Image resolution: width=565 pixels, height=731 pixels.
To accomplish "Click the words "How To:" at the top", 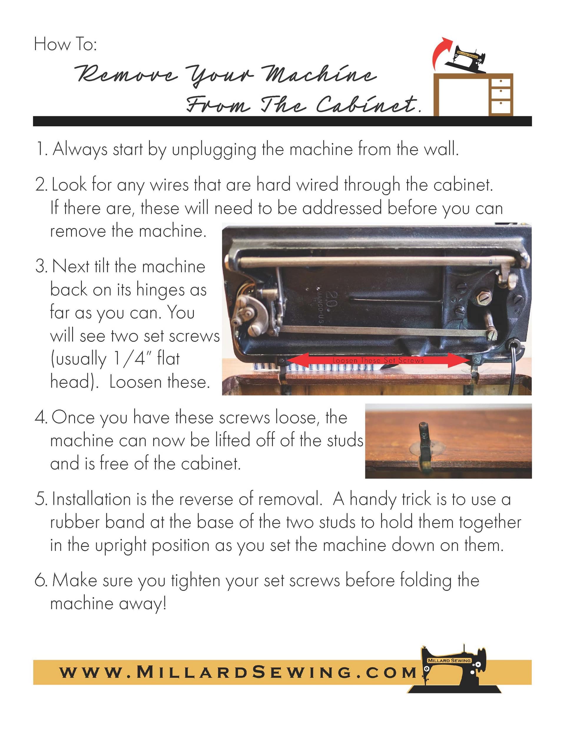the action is tap(65, 44).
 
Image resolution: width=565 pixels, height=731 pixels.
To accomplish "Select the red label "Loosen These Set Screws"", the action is tap(378, 360).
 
